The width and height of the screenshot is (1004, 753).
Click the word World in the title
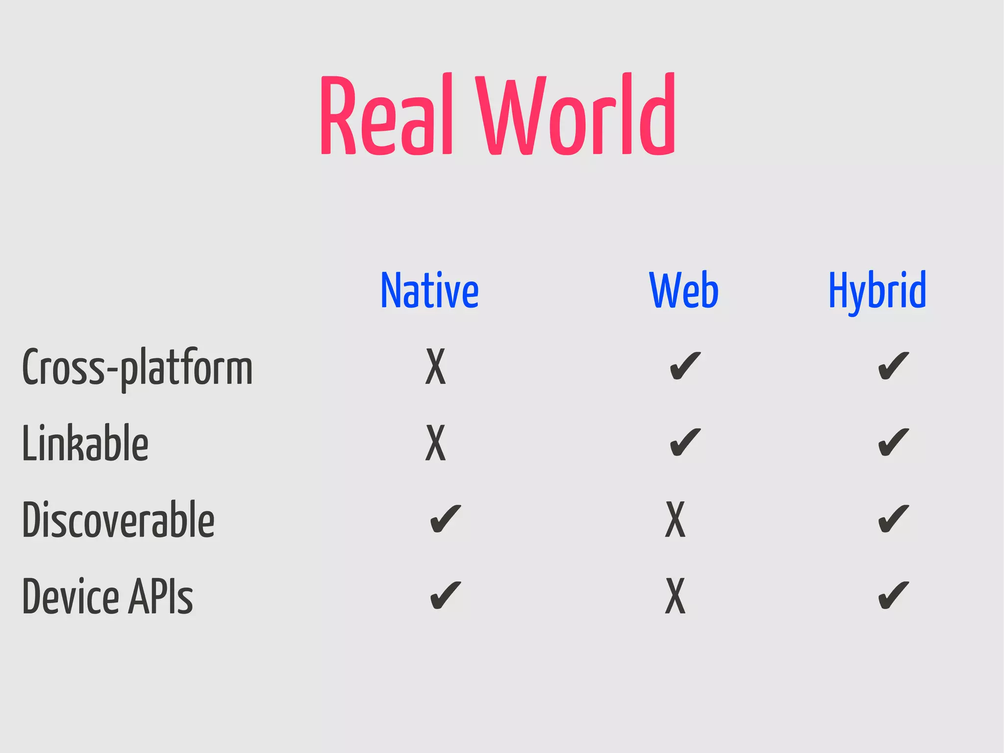pos(577,115)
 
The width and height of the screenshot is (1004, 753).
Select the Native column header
pos(429,290)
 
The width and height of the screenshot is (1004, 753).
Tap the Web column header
pos(683,290)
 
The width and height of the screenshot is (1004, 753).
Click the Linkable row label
pos(85,443)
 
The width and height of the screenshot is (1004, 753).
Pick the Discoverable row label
pos(118,520)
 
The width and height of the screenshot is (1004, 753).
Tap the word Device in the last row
pos(71,597)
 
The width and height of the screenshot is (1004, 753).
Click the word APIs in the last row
pos(161,597)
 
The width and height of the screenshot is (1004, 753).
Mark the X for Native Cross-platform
pos(435,366)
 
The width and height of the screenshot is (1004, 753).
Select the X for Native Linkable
pos(435,443)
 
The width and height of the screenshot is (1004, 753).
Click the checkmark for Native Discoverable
pos(445,519)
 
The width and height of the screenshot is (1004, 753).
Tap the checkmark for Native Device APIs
pos(445,596)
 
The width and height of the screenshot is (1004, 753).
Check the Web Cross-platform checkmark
pos(685,366)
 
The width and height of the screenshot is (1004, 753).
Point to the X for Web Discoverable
pos(675,519)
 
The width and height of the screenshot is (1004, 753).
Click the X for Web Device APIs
pos(675,596)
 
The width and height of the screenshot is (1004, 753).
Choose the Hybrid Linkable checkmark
pos(893,442)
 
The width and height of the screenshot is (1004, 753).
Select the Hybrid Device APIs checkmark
pos(893,596)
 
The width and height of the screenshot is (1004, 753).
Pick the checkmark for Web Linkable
pos(685,442)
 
